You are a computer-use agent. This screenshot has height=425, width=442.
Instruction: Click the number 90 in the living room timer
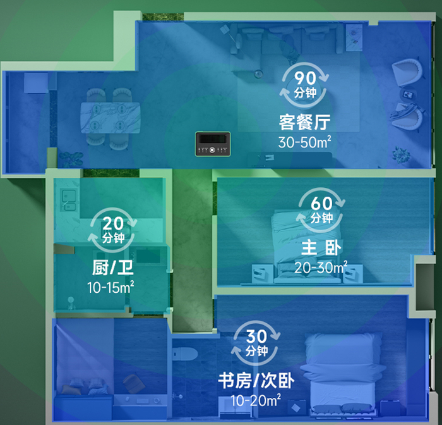click(305, 79)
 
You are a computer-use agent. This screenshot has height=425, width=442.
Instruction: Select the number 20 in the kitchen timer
click(113, 225)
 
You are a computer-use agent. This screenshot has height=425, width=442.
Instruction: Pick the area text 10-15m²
click(111, 287)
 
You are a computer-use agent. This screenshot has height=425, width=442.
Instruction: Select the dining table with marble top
click(110, 117)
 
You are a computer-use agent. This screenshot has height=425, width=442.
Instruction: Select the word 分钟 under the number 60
click(322, 218)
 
